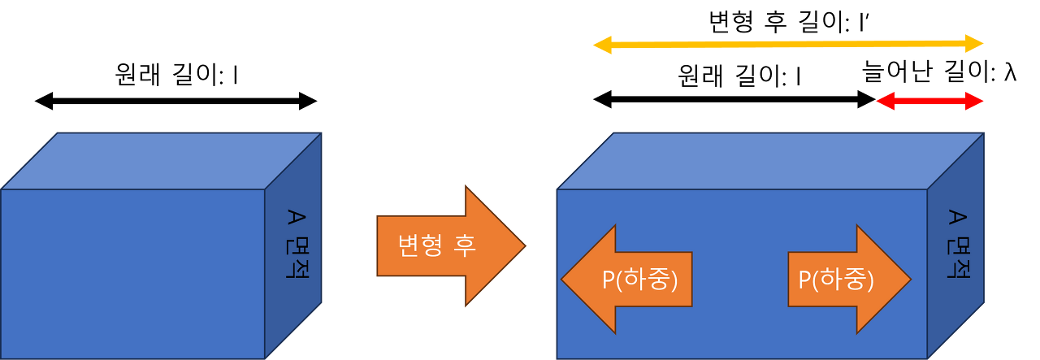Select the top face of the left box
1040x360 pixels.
[x=162, y=160]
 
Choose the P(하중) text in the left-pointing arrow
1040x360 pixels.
[x=639, y=280]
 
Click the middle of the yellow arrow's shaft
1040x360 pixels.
[x=788, y=45]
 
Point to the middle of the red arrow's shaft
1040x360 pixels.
[x=930, y=102]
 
